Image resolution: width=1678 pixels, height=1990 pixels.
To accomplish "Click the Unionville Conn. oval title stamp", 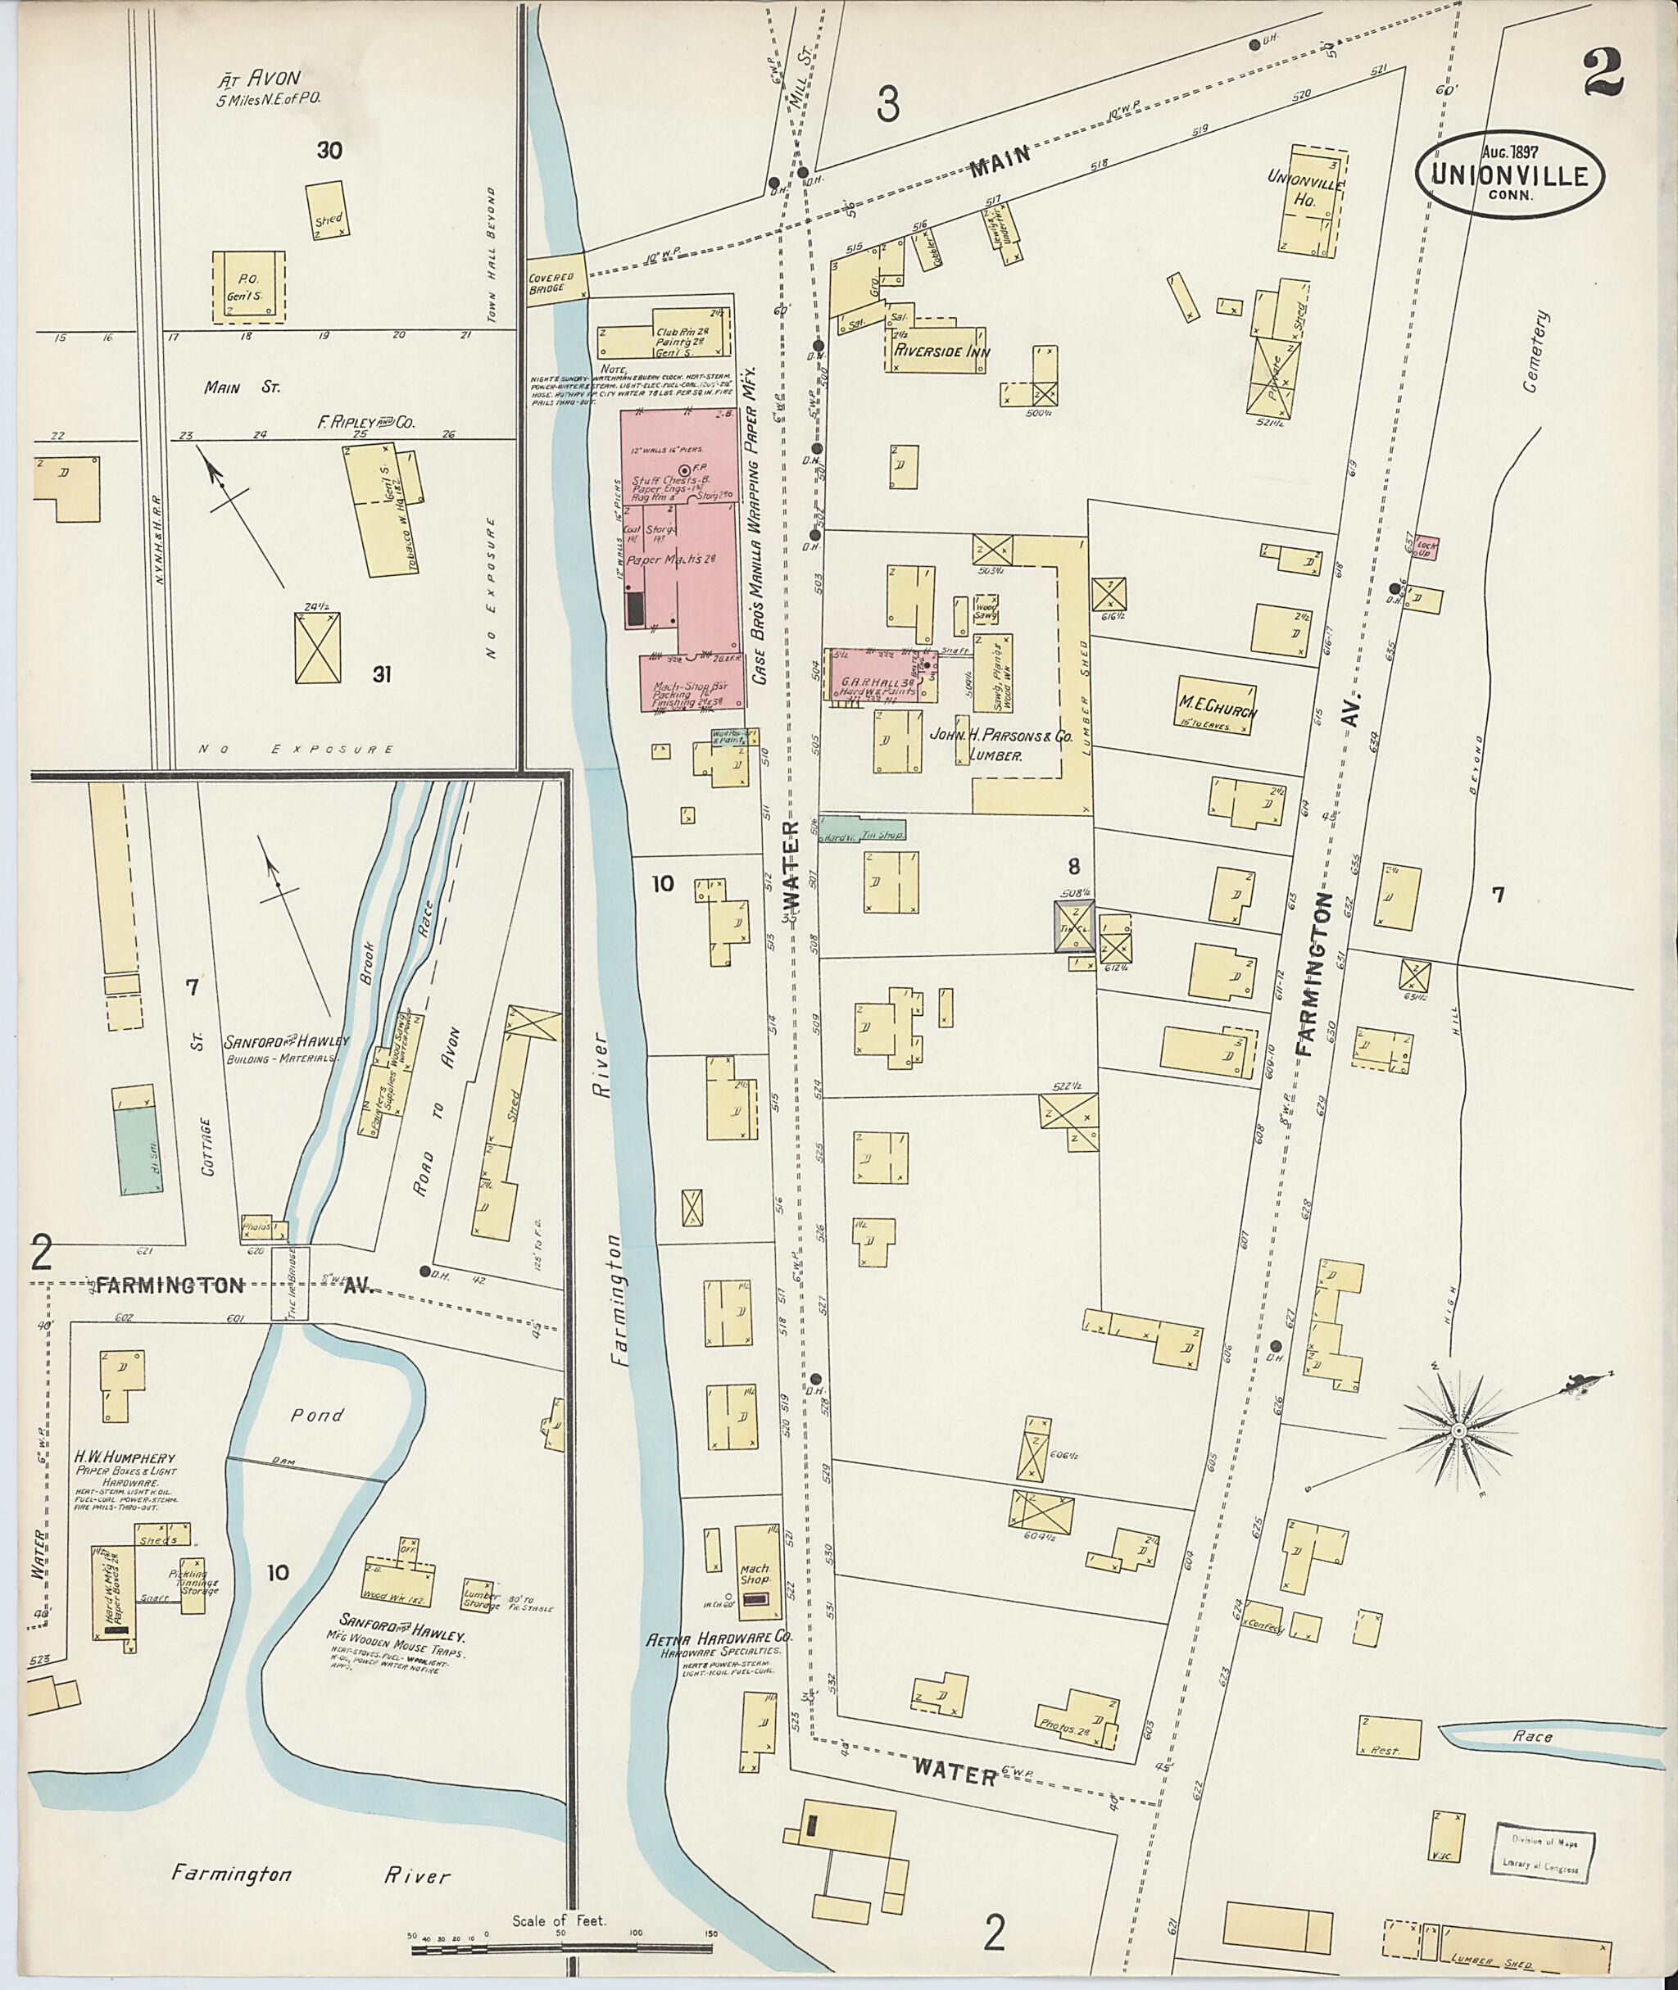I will (x=1508, y=174).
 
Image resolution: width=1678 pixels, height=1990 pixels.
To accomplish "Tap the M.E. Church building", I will (x=1216, y=705).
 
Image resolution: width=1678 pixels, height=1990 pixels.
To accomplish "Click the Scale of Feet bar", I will (x=561, y=1949).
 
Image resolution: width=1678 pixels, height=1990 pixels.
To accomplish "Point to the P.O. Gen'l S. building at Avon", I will (x=247, y=285).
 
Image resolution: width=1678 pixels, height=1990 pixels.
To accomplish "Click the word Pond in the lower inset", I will (x=317, y=1415).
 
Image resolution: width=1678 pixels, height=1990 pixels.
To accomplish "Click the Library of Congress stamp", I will (x=1541, y=1851).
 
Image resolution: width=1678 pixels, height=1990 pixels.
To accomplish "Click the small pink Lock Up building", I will (x=1425, y=549).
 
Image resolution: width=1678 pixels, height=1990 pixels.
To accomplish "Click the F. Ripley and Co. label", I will (x=366, y=423).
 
